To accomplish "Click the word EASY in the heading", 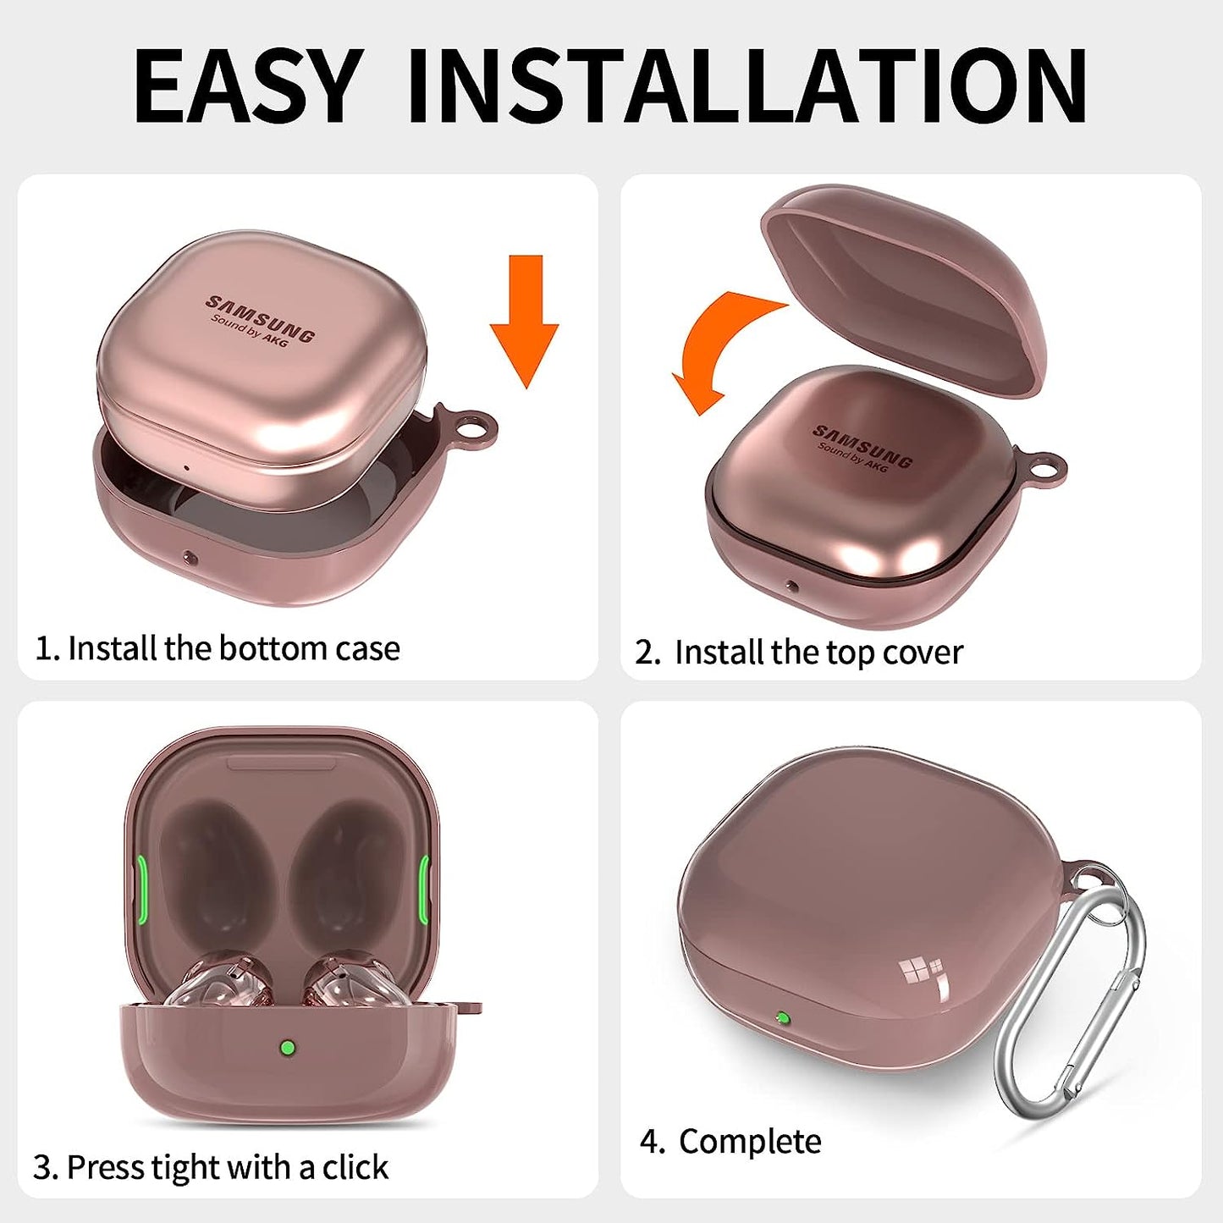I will pos(247,87).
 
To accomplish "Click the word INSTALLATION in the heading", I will pos(746,87).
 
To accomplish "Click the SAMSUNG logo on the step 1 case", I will pos(261,317).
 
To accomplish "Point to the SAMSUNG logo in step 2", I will pos(862,446).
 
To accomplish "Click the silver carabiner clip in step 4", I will pos(1073,994).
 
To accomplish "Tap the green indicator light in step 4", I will pos(783,1018).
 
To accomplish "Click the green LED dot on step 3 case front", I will pos(288,1048).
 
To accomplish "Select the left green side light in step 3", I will pos(142,886).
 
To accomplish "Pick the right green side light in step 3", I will pos(423,886).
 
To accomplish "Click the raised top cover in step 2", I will pos(906,279).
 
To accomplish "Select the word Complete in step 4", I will pos(750,1142).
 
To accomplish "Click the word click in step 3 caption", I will pos(355,1167).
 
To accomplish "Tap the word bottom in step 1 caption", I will pos(265,648).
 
